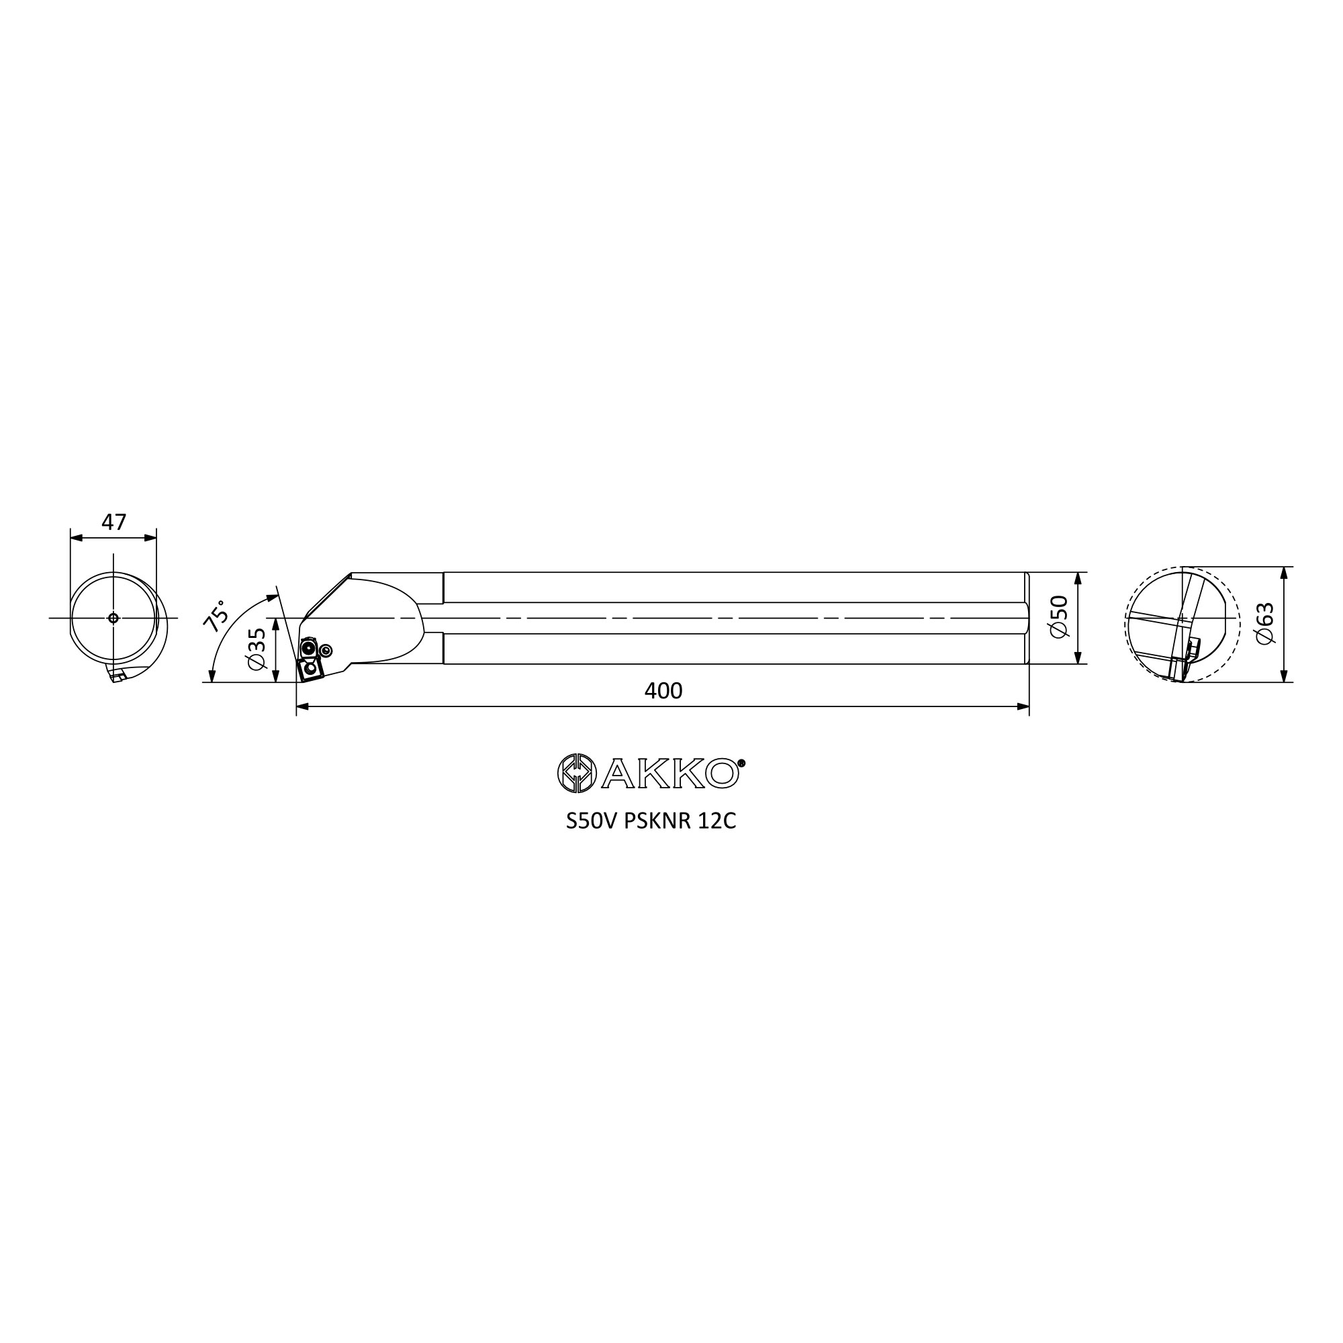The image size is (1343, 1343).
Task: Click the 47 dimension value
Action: [114, 521]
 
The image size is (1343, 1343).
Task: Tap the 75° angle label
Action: [215, 615]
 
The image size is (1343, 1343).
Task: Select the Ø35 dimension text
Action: [257, 649]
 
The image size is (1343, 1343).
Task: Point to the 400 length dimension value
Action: [663, 690]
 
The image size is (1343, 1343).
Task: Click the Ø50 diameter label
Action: [1059, 617]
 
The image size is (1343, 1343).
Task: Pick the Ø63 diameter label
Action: [1265, 624]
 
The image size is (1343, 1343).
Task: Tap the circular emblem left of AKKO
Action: [577, 773]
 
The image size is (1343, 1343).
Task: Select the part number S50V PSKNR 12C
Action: [651, 821]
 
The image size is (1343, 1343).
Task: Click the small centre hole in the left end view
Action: [113, 618]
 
